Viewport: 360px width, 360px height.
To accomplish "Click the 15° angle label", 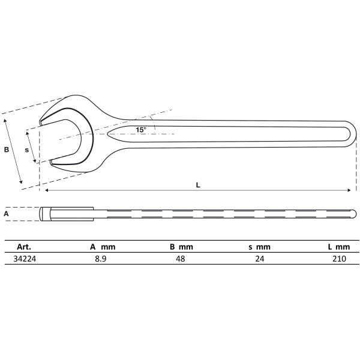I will point(140,130).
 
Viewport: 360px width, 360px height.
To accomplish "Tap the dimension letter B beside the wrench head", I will point(7,150).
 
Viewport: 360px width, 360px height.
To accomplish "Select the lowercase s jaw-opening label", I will point(27,150).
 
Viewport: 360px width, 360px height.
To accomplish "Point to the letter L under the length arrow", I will point(199,185).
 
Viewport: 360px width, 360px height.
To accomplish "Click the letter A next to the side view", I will point(6,213).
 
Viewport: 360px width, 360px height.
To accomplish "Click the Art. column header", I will point(24,247).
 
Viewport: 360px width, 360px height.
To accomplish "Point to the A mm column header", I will point(102,247).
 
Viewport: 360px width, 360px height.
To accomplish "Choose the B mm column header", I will point(181,247).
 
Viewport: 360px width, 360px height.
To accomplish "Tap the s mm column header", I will point(260,247).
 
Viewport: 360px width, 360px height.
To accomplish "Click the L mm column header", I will point(338,247).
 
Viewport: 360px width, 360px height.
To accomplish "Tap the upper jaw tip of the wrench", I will point(41,123).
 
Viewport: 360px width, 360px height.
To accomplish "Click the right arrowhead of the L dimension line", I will point(349,191).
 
